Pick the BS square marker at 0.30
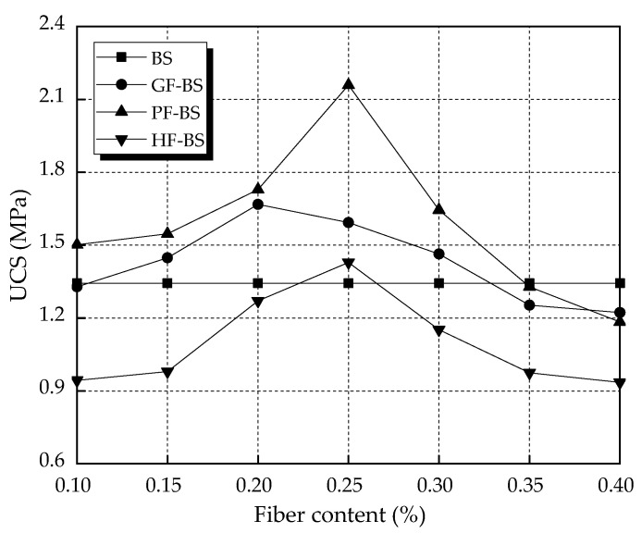pos(438,283)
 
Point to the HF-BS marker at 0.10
pos(78,380)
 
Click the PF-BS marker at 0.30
pos(438,209)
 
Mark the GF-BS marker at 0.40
pos(620,313)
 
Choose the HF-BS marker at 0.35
pos(529,374)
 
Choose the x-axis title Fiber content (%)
pos(348,513)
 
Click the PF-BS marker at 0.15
pos(167,233)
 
